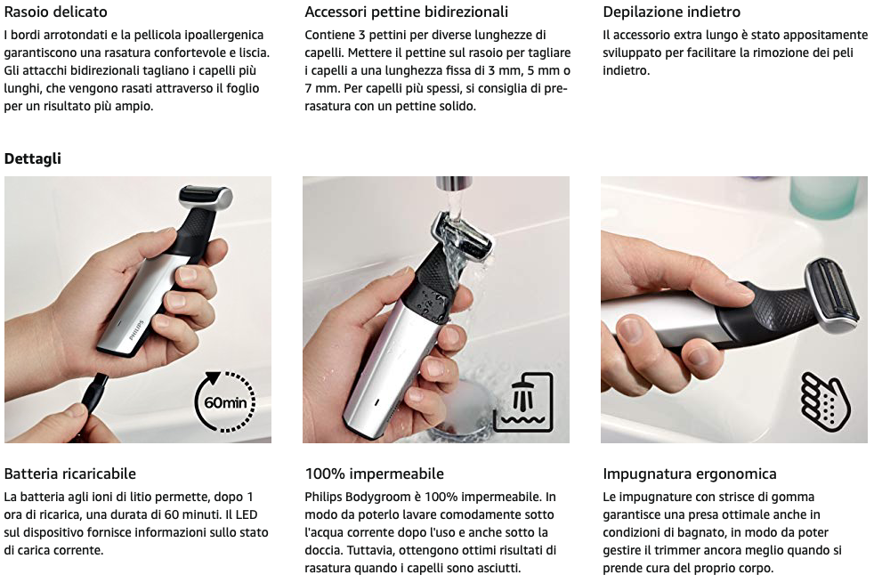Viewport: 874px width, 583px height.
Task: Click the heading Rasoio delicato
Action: pos(56,12)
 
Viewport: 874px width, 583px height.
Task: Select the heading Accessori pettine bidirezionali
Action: pos(407,12)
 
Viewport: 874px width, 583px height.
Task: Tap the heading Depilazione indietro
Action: pos(672,12)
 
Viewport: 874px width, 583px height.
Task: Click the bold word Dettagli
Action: pos(32,158)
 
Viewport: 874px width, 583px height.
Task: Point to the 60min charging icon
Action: pos(224,401)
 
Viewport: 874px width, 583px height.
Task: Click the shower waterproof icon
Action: pos(523,402)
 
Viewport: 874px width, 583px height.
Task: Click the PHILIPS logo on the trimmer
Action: pos(136,330)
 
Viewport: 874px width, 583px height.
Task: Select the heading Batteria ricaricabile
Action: pos(70,474)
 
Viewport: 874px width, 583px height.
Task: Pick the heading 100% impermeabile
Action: pos(374,474)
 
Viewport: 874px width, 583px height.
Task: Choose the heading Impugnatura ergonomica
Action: pos(690,474)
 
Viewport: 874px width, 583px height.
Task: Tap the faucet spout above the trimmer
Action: pos(453,184)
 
